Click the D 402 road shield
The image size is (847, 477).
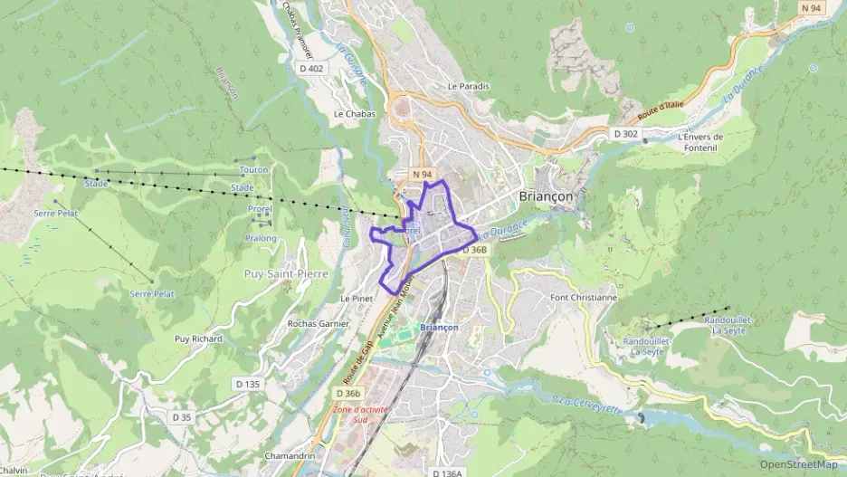tap(310, 69)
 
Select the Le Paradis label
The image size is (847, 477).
tap(468, 87)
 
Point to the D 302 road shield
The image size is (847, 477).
tap(626, 134)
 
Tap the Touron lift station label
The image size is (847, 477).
tap(253, 170)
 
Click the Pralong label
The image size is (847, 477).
tap(260, 238)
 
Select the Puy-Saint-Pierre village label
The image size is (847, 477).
tap(288, 272)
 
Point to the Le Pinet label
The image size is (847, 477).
tap(357, 298)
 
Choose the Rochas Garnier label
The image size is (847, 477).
tap(312, 323)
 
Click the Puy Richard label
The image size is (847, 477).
tap(198, 339)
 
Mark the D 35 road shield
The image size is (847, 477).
tap(182, 417)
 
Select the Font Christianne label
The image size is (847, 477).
tap(584, 297)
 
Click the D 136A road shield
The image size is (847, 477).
tap(447, 472)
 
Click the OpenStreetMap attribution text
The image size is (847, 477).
tap(798, 464)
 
